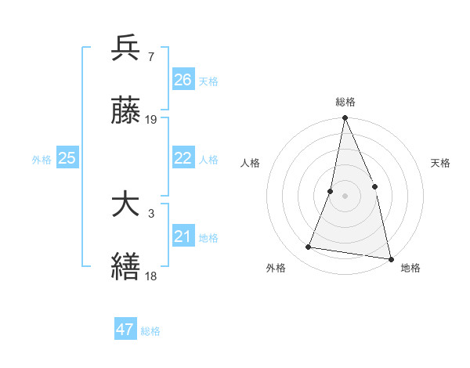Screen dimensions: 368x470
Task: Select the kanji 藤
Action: click(x=126, y=111)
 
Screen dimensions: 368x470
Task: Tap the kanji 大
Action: click(x=126, y=204)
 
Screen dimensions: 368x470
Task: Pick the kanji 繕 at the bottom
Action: click(x=126, y=266)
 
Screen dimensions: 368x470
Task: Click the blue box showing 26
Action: click(x=183, y=80)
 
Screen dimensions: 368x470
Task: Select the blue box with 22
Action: click(x=183, y=159)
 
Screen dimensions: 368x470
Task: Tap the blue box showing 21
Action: click(x=183, y=237)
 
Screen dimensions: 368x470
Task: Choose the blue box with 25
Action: click(x=67, y=159)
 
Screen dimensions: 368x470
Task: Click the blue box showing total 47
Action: click(x=125, y=330)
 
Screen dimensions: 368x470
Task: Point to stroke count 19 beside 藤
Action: click(x=152, y=121)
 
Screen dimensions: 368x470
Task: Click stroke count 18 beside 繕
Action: click(x=152, y=276)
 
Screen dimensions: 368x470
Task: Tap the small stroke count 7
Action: click(x=150, y=56)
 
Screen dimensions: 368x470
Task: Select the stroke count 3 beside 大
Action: click(x=150, y=213)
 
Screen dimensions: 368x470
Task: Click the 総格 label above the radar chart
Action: click(x=345, y=102)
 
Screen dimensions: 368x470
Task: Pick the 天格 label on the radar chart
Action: click(x=440, y=163)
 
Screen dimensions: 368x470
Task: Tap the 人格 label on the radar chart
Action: click(x=250, y=163)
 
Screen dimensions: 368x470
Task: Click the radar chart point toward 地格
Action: click(x=390, y=258)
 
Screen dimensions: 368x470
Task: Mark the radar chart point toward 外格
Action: click(x=309, y=247)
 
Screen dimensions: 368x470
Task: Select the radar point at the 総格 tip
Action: click(x=345, y=118)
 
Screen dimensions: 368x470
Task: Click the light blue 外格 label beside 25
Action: click(x=42, y=160)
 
